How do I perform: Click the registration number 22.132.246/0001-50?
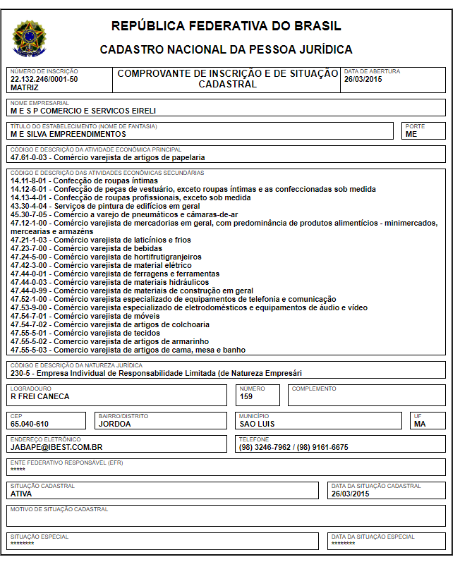[x=44, y=79]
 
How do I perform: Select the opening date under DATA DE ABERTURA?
[x=363, y=79]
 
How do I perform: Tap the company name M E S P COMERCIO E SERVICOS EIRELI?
[x=83, y=111]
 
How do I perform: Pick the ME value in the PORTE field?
[x=411, y=134]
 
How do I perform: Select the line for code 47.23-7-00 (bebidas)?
[x=81, y=248]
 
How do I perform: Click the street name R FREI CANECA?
[x=40, y=396]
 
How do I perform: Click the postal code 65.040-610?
[x=30, y=424]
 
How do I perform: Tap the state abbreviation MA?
[x=420, y=424]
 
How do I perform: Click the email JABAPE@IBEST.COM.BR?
[x=57, y=447]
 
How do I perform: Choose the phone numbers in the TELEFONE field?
[x=293, y=447]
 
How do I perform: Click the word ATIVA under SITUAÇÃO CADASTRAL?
[x=21, y=494]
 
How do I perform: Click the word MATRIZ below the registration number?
[x=25, y=87]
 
